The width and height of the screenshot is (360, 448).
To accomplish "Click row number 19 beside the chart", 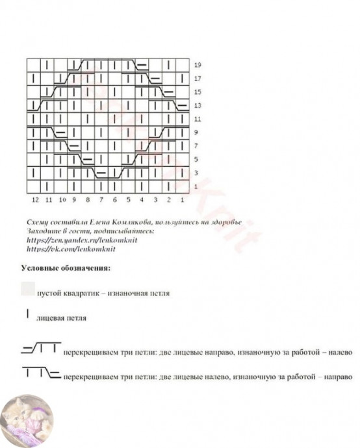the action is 198,65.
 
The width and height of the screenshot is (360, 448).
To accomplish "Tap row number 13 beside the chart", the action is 198,106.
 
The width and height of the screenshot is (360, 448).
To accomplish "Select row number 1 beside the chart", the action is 197,187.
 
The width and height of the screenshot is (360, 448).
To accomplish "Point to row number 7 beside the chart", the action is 197,146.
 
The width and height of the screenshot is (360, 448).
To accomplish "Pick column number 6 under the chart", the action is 115,200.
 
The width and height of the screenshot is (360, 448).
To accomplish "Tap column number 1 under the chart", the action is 183,200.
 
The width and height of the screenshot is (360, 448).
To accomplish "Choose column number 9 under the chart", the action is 74,200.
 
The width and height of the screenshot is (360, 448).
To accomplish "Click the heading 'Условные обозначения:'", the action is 65,267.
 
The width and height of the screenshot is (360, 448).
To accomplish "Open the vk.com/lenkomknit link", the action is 71,249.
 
